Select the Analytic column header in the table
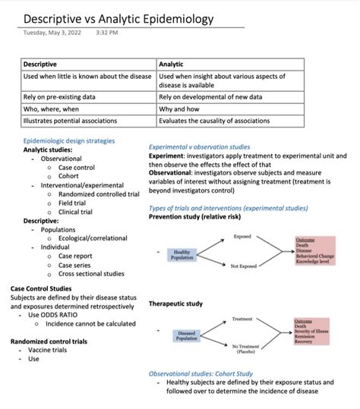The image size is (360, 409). [171, 64]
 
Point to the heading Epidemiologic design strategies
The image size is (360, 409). [69, 140]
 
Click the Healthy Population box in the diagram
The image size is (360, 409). [182, 254]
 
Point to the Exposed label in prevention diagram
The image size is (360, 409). [242, 237]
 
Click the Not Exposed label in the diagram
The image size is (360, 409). [244, 266]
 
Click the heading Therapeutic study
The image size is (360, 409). [175, 304]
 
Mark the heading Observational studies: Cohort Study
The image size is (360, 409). [201, 373]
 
